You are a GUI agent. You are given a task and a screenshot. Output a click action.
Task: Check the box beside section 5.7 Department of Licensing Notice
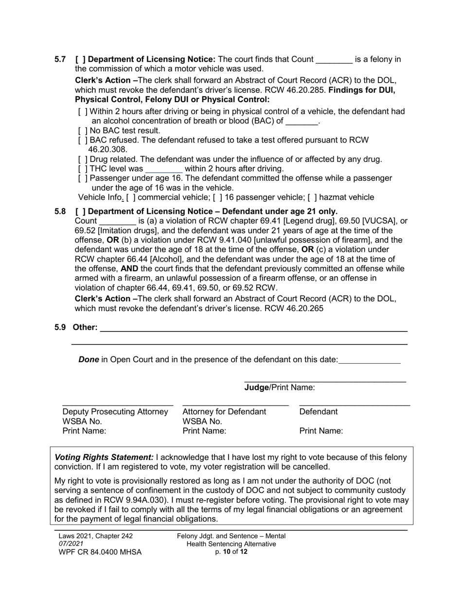(x=81, y=59)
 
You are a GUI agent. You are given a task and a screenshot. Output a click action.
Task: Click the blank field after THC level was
(x=164, y=169)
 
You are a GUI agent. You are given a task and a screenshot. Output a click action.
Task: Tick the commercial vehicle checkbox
(x=131, y=197)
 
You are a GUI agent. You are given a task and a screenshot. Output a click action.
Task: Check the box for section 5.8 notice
(x=81, y=211)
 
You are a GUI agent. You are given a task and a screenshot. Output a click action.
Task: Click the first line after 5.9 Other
(x=253, y=329)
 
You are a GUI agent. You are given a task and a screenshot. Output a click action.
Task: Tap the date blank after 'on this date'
(x=369, y=360)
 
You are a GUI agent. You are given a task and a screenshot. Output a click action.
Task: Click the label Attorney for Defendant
(x=224, y=412)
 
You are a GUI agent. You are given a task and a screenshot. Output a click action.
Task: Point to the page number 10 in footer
(x=226, y=552)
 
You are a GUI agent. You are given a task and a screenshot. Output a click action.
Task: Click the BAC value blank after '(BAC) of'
(x=302, y=122)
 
